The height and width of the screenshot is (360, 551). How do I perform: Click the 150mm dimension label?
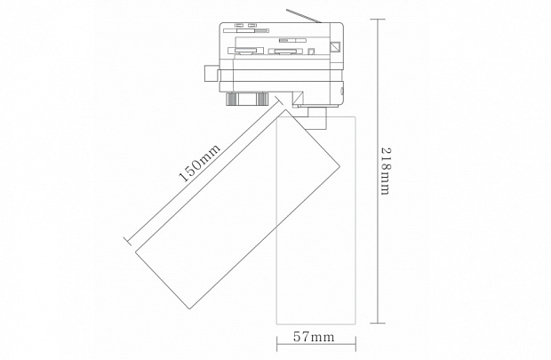[200, 163]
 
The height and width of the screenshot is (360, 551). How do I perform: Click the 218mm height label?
[386, 172]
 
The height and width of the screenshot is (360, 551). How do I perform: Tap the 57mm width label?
[314, 337]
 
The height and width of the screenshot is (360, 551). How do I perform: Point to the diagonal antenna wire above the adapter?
[303, 16]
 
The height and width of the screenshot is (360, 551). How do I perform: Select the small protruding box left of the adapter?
[211, 74]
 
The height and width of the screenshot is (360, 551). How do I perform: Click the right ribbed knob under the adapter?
[262, 99]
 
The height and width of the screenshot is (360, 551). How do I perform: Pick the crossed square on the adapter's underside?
[298, 98]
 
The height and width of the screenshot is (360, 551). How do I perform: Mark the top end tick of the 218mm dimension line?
[378, 20]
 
